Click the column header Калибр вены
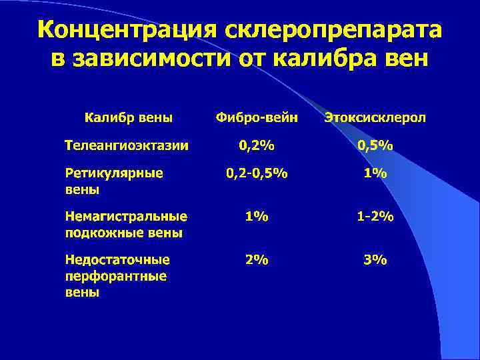[x=129, y=118]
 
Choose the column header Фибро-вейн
[x=257, y=118]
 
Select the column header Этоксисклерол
[x=375, y=118]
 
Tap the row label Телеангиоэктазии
[x=126, y=144]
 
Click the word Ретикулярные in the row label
[x=114, y=173]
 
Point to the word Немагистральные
[x=126, y=217]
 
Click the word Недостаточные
[x=117, y=260]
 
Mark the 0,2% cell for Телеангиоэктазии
[x=257, y=145]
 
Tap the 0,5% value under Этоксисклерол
[x=375, y=145]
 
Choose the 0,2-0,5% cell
[x=257, y=174]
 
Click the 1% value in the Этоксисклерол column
[x=375, y=174]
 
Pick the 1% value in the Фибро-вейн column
[x=257, y=217]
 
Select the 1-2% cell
[x=375, y=217]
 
